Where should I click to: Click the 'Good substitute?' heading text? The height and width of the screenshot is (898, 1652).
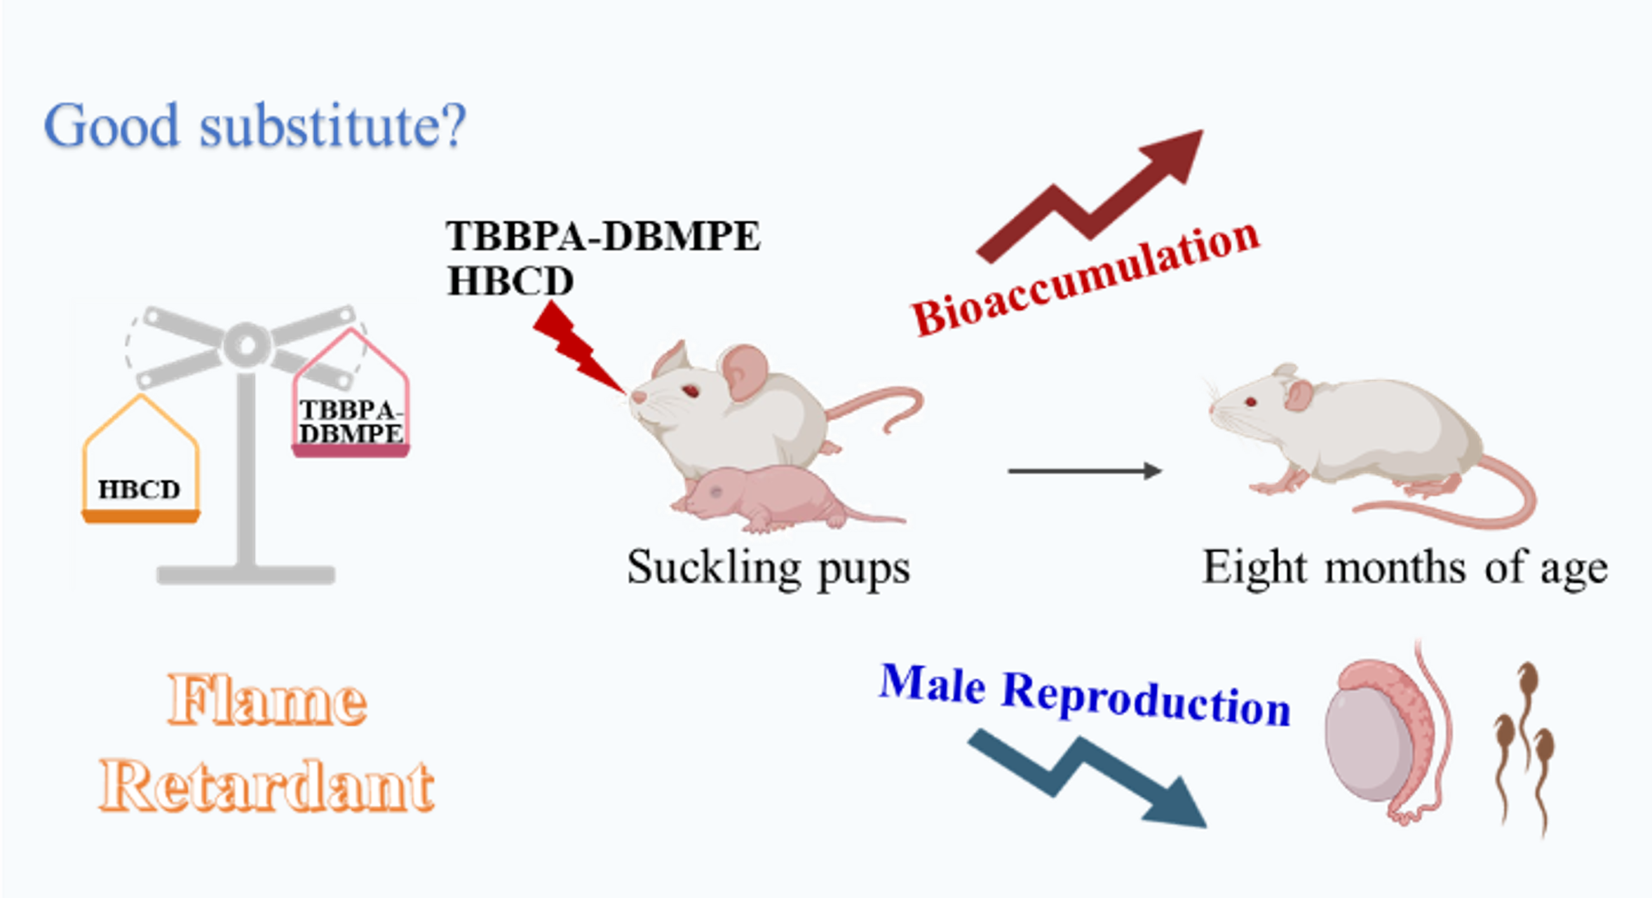pyautogui.click(x=255, y=126)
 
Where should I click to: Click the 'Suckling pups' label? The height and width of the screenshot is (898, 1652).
pyautogui.click(x=769, y=568)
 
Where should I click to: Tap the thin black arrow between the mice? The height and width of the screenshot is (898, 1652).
pyautogui.click(x=1084, y=471)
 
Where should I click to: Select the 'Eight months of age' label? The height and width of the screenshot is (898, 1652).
pyautogui.click(x=1404, y=568)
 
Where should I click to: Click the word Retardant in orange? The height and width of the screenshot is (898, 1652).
pyautogui.click(x=266, y=786)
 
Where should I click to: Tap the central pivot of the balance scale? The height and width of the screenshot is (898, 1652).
pyautogui.click(x=245, y=344)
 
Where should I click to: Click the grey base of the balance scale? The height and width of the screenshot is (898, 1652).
pyautogui.click(x=245, y=575)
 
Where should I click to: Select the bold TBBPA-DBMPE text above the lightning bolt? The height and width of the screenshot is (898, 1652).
pyautogui.click(x=602, y=236)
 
